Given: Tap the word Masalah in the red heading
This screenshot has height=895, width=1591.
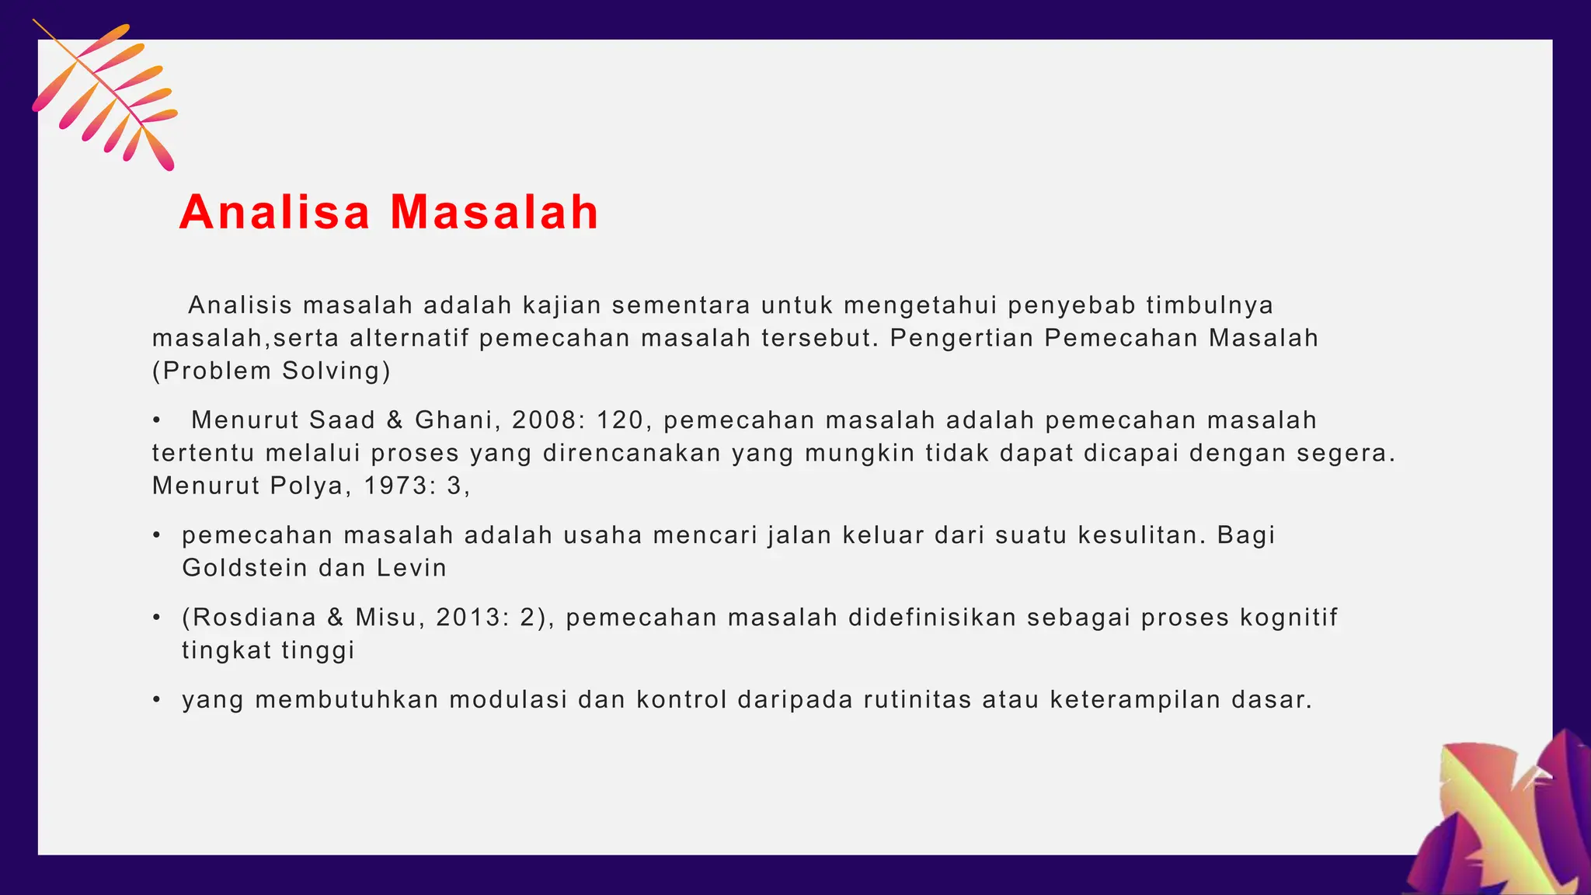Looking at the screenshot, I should coord(494,212).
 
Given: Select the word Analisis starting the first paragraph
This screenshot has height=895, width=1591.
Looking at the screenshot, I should coord(240,305).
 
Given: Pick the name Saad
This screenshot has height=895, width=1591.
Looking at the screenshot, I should coord(342,420).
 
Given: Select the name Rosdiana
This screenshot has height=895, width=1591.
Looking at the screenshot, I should coord(254,618).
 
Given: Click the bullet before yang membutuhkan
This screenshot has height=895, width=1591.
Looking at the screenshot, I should coord(157,700).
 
